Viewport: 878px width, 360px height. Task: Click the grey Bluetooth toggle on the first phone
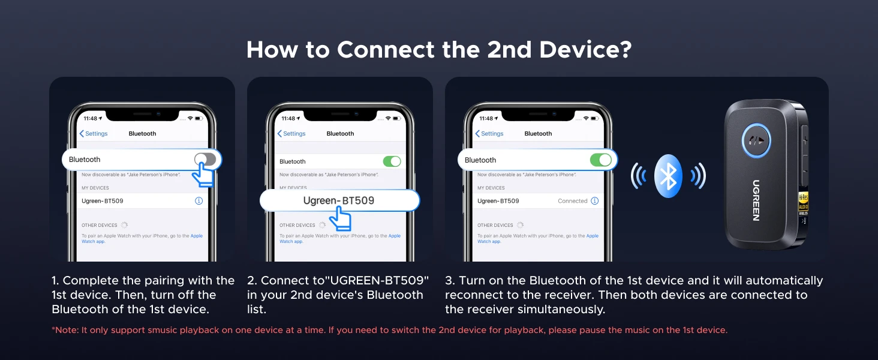(x=205, y=159)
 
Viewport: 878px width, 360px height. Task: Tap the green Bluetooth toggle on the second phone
(x=392, y=161)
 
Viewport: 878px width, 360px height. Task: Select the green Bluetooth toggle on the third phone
(x=601, y=160)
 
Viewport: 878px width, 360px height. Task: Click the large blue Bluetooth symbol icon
(x=668, y=176)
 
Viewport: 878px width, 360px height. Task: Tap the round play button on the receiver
(x=756, y=140)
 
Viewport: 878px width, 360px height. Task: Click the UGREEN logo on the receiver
(x=756, y=200)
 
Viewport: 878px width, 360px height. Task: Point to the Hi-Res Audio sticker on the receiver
(x=803, y=204)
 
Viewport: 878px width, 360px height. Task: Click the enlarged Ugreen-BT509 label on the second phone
(x=339, y=200)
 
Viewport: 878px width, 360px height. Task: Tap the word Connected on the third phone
(x=572, y=201)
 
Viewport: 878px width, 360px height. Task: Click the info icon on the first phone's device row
(x=199, y=201)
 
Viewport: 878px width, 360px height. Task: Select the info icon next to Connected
(x=594, y=201)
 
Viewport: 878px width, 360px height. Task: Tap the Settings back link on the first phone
(x=94, y=133)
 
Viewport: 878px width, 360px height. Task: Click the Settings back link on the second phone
(x=291, y=133)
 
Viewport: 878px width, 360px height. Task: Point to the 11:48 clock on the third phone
(x=486, y=118)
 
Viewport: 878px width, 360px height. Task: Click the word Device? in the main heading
(x=585, y=50)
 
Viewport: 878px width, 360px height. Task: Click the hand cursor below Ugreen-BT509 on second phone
(x=340, y=218)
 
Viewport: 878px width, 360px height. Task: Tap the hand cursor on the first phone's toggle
(x=203, y=174)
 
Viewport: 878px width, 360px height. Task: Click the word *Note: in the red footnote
(x=65, y=330)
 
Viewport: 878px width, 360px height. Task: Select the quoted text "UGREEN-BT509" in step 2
(x=377, y=280)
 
